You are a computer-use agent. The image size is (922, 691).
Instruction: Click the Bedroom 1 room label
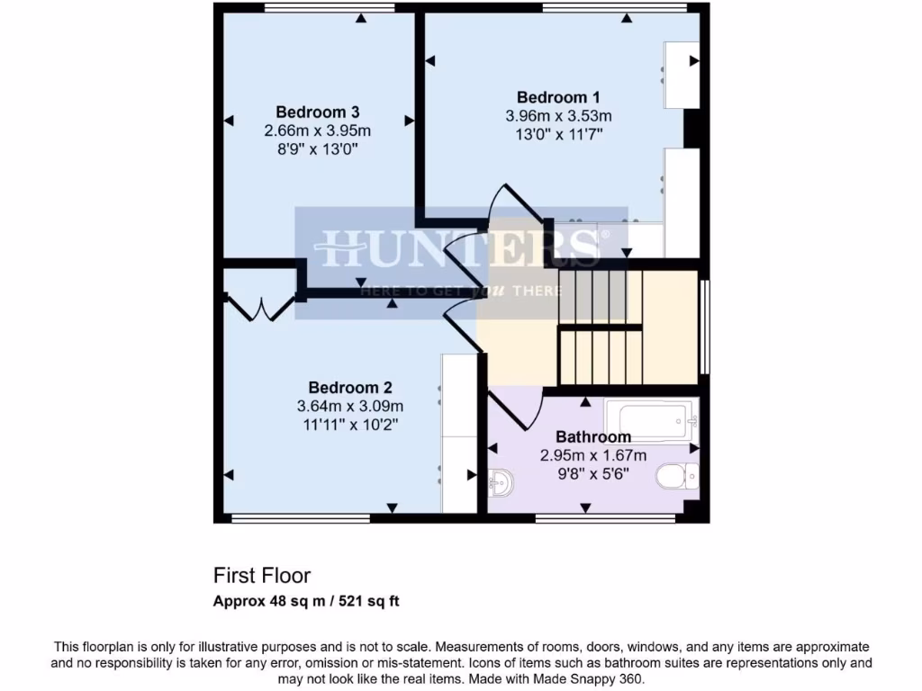click(558, 97)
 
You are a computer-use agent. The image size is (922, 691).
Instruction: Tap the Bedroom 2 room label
click(350, 388)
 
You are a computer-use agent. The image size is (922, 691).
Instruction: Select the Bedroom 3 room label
click(318, 112)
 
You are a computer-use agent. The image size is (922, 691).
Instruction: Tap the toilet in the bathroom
click(676, 476)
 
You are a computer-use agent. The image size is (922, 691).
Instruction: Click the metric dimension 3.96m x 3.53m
click(558, 116)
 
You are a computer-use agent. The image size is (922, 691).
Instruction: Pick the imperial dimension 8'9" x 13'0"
click(318, 149)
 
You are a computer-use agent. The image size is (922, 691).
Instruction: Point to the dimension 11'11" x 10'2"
click(350, 424)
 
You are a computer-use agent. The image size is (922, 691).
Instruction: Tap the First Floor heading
click(262, 575)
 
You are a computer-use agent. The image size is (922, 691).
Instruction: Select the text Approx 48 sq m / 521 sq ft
click(305, 601)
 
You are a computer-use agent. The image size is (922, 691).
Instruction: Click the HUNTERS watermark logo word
click(457, 247)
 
